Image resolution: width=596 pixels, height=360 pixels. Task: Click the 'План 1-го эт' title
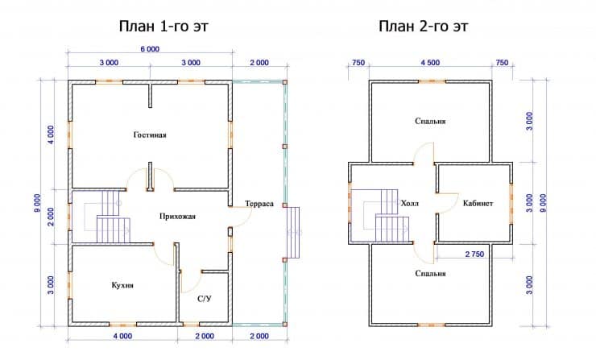[x=163, y=27]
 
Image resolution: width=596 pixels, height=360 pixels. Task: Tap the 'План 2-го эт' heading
[x=424, y=27]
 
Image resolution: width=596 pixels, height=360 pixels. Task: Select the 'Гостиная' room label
[x=150, y=135]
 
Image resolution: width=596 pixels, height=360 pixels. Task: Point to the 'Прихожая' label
[x=177, y=217]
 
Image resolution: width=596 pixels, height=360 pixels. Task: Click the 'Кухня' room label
[x=122, y=285]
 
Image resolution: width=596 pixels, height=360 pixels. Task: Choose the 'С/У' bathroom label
[x=205, y=299]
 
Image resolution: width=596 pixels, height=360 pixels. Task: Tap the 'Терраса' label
[x=259, y=204]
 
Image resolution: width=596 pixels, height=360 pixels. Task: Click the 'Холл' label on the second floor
[x=410, y=204]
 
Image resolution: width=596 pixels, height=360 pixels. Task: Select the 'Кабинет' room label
[x=478, y=204]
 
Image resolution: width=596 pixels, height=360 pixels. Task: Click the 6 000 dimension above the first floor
[x=150, y=49]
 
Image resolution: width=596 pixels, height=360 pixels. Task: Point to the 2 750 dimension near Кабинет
[x=474, y=254]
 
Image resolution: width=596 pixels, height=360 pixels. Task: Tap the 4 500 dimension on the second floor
[x=430, y=63]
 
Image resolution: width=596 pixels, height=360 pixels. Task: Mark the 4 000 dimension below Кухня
[x=122, y=336]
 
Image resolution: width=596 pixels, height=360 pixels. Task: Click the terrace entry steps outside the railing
[x=294, y=232]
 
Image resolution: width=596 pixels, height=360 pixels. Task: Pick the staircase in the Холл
[x=387, y=216]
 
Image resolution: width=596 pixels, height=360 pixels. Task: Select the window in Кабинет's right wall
[x=511, y=204]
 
